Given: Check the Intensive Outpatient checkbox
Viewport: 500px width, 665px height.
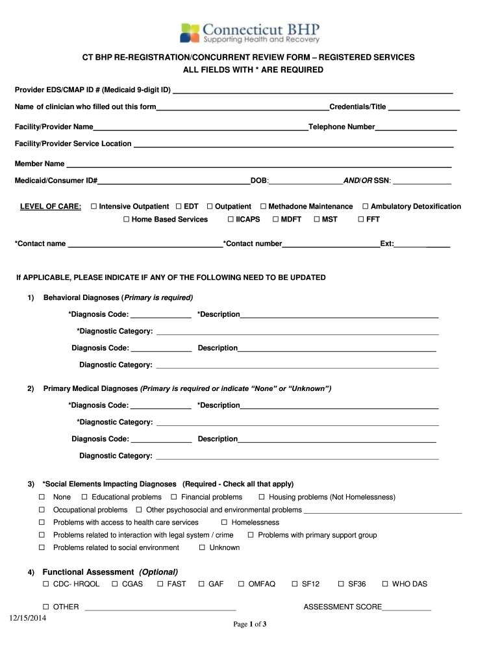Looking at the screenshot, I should pyautogui.click(x=94, y=207).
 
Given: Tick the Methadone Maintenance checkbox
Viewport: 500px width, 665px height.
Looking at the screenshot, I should pyautogui.click(x=263, y=207).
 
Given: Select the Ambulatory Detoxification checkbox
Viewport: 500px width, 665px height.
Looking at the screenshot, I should pyautogui.click(x=366, y=207).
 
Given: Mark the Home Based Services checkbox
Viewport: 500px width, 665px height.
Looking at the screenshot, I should pyautogui.click(x=127, y=220).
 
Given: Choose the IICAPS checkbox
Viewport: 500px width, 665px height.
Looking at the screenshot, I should pyautogui.click(x=231, y=220).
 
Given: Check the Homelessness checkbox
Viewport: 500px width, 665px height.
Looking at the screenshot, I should pyautogui.click(x=225, y=523).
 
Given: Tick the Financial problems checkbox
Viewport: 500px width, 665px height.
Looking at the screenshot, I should pyautogui.click(x=175, y=497).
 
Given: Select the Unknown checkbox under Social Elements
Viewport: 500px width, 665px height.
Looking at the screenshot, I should pyautogui.click(x=203, y=548).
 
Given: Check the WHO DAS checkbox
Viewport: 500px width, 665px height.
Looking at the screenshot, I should pyautogui.click(x=386, y=584).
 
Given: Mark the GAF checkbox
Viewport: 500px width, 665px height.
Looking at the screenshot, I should pyautogui.click(x=202, y=584).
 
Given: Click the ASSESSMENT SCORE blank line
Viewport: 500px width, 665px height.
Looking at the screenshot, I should pyautogui.click(x=406, y=609).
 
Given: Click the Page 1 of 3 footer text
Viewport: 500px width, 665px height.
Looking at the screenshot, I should pyautogui.click(x=250, y=625).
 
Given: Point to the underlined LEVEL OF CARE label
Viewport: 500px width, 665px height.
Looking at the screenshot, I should pyautogui.click(x=51, y=207).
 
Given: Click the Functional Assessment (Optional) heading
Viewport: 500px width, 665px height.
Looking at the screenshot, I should pyautogui.click(x=110, y=571).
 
